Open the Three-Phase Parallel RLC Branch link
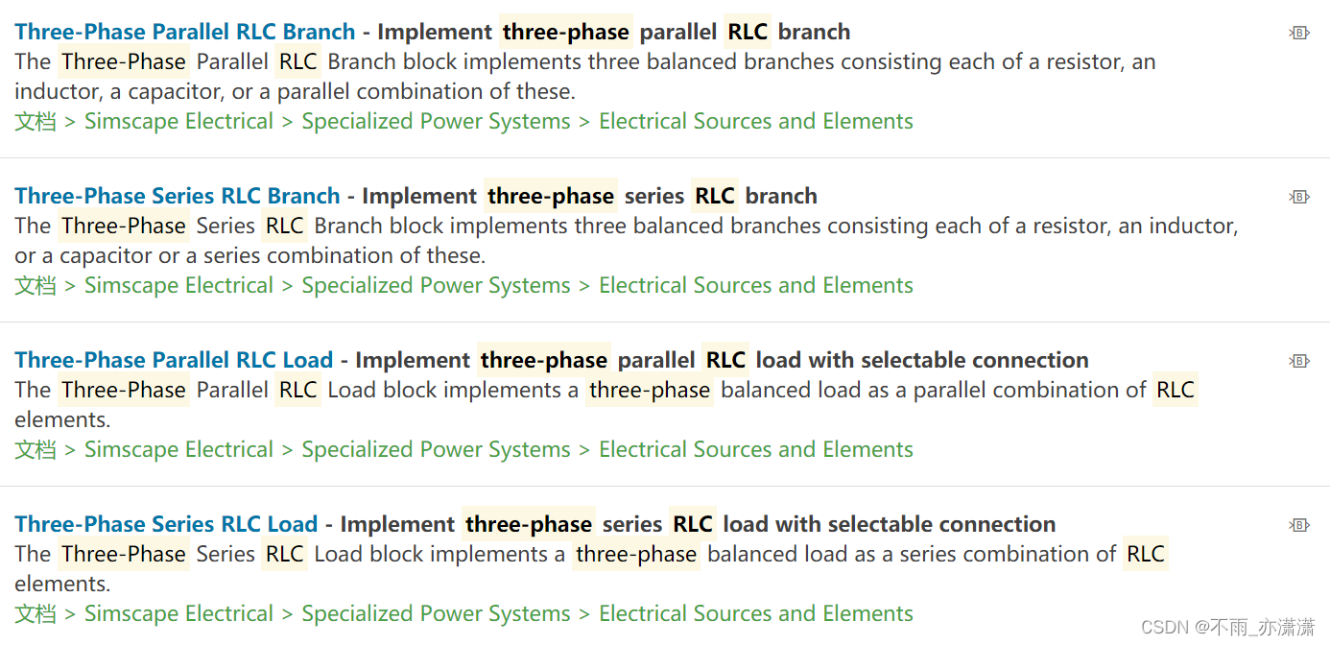pyautogui.click(x=184, y=32)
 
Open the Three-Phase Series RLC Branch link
pyautogui.click(x=178, y=196)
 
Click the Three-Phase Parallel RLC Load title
pyautogui.click(x=174, y=360)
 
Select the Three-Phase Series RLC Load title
pyautogui.click(x=166, y=524)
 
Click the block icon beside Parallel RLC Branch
pyautogui.click(x=1299, y=33)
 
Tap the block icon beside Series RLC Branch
pyautogui.click(x=1299, y=197)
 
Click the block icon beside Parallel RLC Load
pyautogui.click(x=1299, y=361)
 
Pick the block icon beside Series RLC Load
pyautogui.click(x=1299, y=525)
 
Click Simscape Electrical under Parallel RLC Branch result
pyautogui.click(x=178, y=122)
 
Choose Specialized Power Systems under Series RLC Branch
pyautogui.click(x=436, y=286)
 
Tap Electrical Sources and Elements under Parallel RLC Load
pyautogui.click(x=756, y=450)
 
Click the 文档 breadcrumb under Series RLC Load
pyautogui.click(x=35, y=614)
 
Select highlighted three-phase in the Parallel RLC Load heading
pyautogui.click(x=544, y=360)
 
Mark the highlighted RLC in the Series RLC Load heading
pyautogui.click(x=693, y=524)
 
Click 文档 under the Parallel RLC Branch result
pyautogui.click(x=35, y=122)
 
